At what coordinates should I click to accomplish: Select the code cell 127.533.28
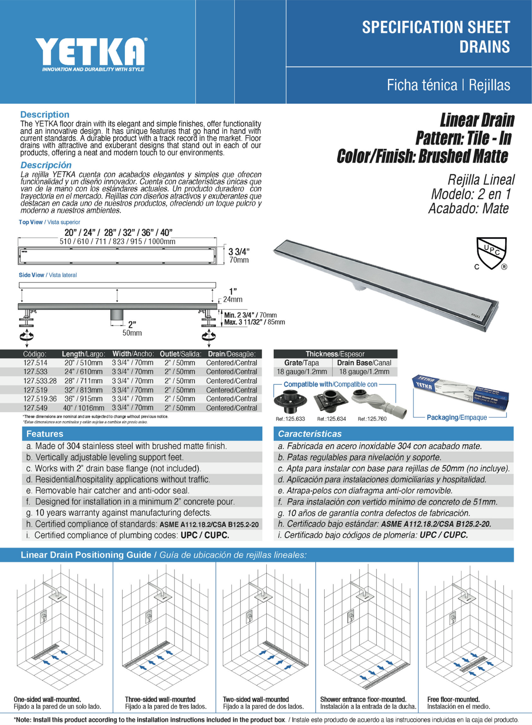[40, 381]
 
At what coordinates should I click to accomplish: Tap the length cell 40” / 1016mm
[83, 408]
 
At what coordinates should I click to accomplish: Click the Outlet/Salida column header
[180, 354]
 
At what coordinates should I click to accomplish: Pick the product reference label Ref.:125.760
[372, 419]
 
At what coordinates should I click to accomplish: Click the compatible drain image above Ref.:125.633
[290, 401]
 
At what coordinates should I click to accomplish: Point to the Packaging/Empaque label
[456, 417]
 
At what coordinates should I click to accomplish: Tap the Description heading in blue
[45, 115]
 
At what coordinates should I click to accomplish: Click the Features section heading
[45, 434]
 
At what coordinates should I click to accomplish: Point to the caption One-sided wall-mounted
[47, 699]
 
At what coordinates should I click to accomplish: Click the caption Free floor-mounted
[453, 699]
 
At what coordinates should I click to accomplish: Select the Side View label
[31, 275]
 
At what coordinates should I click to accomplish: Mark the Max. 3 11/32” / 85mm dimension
[254, 322]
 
